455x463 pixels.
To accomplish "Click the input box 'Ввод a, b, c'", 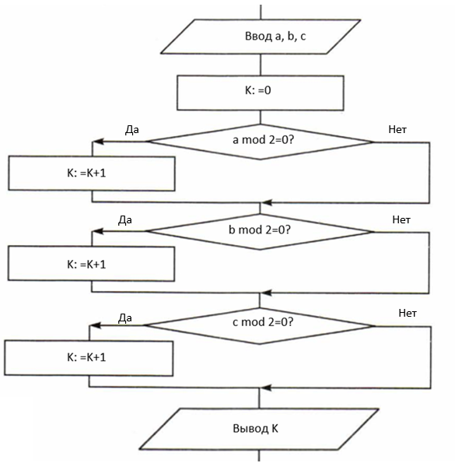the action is tap(261, 37).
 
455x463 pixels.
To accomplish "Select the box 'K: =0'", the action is tap(261, 93).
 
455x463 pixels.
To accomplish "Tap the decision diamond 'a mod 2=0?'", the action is tap(261, 142).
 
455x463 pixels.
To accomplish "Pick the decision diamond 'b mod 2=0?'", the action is tap(260, 232).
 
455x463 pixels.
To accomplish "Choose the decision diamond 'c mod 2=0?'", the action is tap(260, 326).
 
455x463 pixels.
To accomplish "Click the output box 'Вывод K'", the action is tap(259, 429).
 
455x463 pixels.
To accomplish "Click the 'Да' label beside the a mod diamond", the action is tap(132, 130).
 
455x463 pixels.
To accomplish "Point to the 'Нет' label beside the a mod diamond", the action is tap(397, 129).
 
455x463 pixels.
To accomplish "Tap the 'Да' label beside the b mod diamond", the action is tap(124, 220).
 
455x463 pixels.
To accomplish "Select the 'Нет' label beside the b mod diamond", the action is tap(401, 219).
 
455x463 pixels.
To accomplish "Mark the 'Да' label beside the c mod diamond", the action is tap(124, 318).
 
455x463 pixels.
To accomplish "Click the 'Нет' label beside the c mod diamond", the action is tap(408, 313).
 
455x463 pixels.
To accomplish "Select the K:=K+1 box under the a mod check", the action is tap(92, 174).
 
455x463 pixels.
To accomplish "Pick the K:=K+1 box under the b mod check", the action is tap(91, 264).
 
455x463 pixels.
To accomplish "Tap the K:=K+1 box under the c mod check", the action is tap(89, 358).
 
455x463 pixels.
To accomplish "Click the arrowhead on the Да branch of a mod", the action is tap(98, 142).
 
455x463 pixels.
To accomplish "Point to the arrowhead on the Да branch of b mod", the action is tap(97, 231).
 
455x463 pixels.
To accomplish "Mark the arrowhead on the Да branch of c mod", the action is tap(95, 325).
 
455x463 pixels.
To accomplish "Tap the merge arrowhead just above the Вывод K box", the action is tap(266, 388).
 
